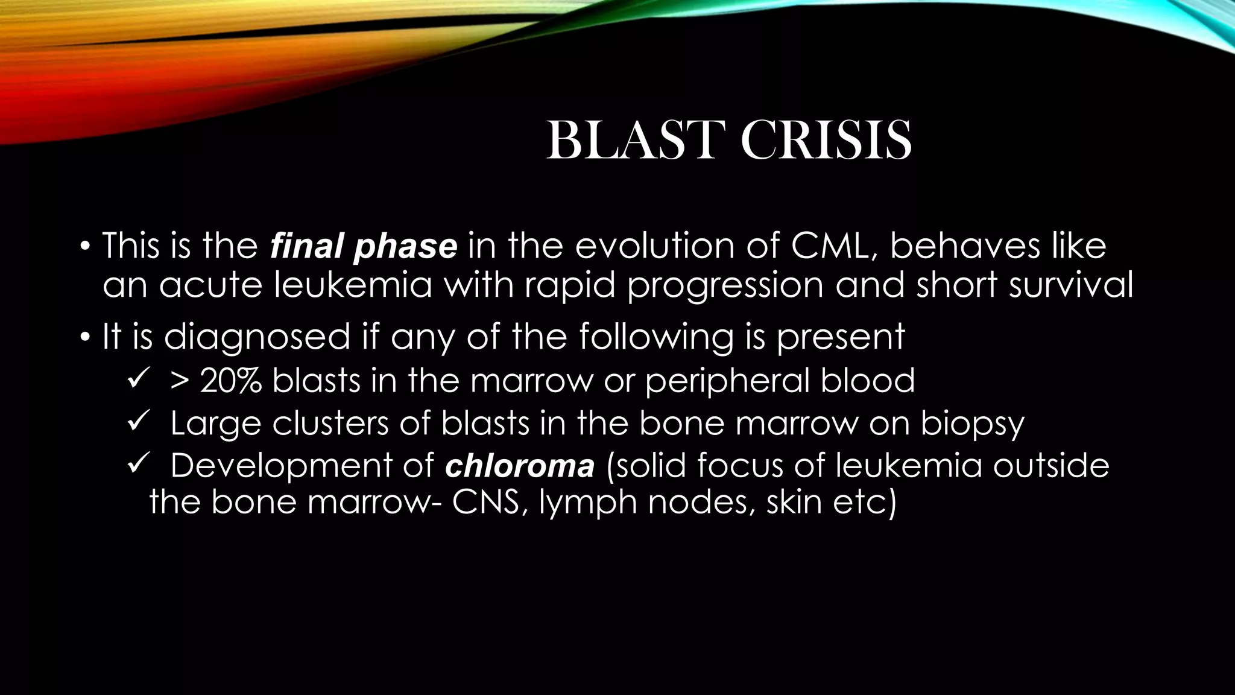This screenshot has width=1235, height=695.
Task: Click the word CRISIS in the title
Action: click(826, 140)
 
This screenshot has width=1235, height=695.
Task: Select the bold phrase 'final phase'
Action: click(364, 246)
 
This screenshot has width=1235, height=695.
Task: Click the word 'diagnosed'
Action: click(257, 336)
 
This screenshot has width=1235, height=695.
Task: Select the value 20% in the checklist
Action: click(230, 381)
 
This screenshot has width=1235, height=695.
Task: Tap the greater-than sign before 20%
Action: click(180, 381)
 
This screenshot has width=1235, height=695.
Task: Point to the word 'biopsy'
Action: click(972, 424)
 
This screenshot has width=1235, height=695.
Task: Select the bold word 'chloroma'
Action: click(520, 466)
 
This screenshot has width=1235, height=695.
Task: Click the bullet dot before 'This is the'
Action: click(85, 247)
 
